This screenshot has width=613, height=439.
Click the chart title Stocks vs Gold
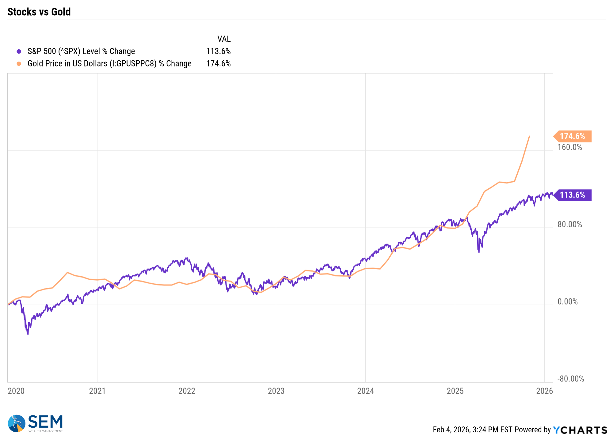[x=39, y=12]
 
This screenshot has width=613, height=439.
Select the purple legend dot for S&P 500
[x=19, y=51]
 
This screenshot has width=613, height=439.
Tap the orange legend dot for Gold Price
[x=19, y=64]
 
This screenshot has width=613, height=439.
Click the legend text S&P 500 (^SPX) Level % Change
[x=81, y=51]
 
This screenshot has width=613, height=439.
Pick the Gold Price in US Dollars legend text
[x=109, y=63]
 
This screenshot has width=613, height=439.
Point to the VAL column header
[x=224, y=39]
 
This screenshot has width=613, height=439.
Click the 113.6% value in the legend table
[x=218, y=51]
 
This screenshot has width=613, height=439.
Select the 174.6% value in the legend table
[x=218, y=63]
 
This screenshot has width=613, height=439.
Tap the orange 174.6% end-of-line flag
[x=572, y=136]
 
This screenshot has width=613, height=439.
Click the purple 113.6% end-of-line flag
[x=572, y=195]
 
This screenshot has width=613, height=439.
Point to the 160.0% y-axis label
[x=569, y=147]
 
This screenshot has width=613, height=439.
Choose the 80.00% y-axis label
[x=569, y=225]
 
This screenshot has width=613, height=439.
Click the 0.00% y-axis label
[x=567, y=302]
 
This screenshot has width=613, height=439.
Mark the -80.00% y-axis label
[x=570, y=379]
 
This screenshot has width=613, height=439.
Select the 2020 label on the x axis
[x=16, y=391]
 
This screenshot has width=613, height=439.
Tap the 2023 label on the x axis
[x=276, y=391]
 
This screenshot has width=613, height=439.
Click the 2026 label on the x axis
[x=544, y=391]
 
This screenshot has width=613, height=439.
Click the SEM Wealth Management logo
[x=36, y=423]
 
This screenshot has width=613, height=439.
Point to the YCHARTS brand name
[x=580, y=430]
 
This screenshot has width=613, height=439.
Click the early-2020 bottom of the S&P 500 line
[x=28, y=334]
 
